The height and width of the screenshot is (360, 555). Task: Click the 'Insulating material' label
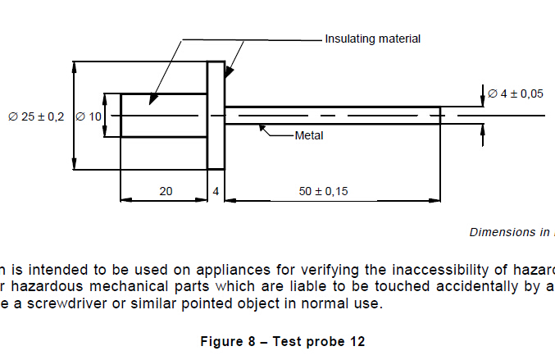[x=372, y=39]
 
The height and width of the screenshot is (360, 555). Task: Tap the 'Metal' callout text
[x=309, y=135]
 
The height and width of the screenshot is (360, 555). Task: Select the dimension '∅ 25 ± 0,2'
[x=36, y=116]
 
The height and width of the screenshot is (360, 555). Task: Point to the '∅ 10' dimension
[x=89, y=116]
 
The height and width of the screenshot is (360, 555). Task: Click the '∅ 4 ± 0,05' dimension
[x=516, y=93]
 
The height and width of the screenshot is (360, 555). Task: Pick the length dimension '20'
[x=166, y=191]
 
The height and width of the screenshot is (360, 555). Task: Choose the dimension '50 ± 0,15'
[x=323, y=191]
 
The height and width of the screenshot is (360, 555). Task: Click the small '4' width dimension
[x=216, y=191]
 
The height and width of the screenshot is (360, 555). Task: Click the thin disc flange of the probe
[x=216, y=116]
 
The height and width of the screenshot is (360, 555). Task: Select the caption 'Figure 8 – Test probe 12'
[x=282, y=341]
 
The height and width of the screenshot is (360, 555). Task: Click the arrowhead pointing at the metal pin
[x=262, y=126]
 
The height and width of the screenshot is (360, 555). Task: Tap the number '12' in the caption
[x=357, y=341]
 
